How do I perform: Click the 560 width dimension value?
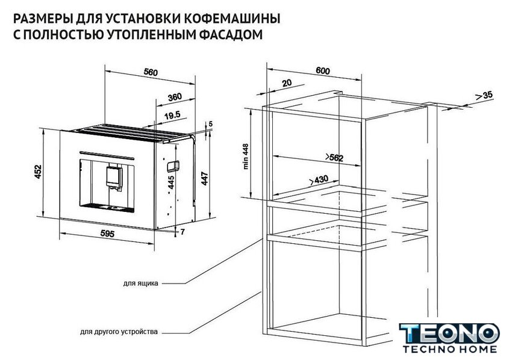151,72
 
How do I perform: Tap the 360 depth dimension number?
175,97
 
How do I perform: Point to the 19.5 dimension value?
172,116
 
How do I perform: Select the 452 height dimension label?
38,172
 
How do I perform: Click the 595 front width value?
107,233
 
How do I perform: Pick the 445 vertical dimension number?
171,182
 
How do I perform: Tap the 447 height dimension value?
205,179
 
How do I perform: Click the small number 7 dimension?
183,232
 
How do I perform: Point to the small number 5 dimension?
211,124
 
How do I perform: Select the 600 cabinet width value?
323,70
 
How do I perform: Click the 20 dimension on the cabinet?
287,83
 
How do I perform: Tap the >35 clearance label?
484,96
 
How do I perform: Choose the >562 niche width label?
334,157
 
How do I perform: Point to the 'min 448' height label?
246,156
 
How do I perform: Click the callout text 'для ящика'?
141,284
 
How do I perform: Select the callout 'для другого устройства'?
119,332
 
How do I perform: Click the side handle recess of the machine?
173,166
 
